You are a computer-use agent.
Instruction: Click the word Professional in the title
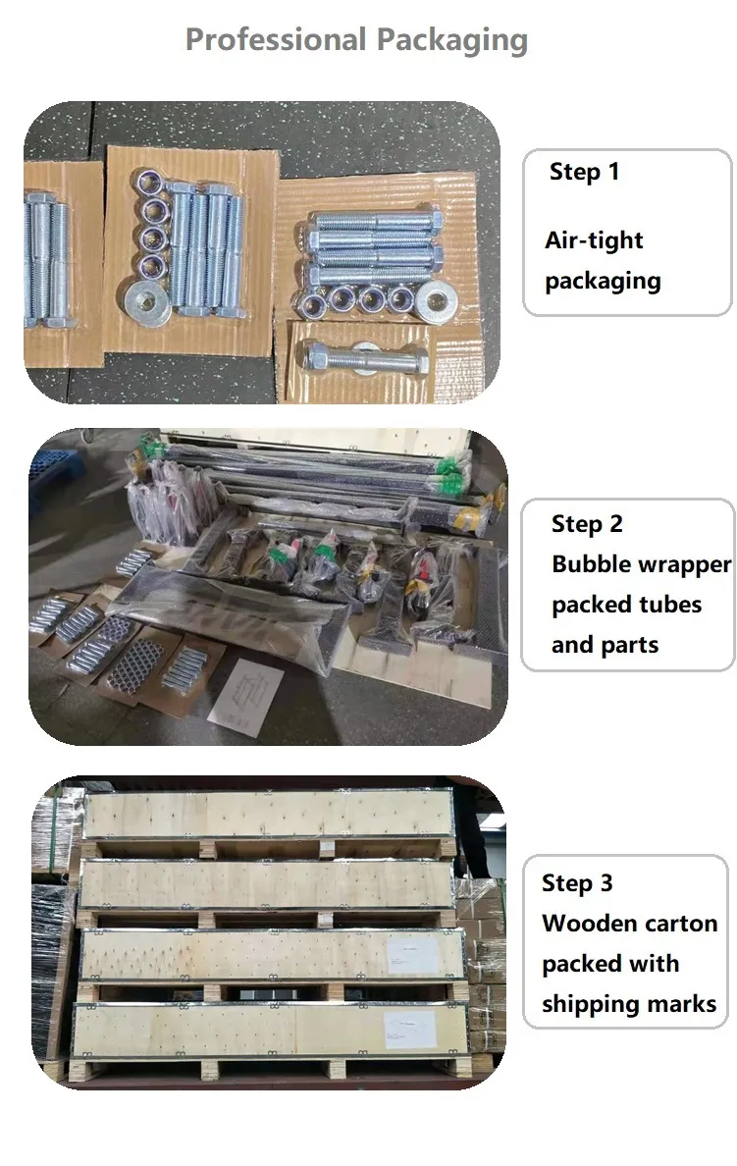pyautogui.click(x=275, y=39)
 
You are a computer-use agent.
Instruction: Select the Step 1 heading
pyautogui.click(x=584, y=172)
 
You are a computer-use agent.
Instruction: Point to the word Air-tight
pyautogui.click(x=594, y=240)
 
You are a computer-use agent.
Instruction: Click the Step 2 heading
pyautogui.click(x=587, y=524)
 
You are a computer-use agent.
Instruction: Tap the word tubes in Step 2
pyautogui.click(x=670, y=605)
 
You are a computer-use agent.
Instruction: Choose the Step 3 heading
pyautogui.click(x=577, y=882)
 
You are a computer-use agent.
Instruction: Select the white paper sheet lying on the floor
pyautogui.click(x=245, y=698)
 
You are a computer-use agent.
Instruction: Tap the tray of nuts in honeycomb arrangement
pyautogui.click(x=134, y=666)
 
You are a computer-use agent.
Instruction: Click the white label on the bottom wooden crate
pyautogui.click(x=410, y=1030)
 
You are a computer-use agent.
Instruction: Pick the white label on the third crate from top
pyautogui.click(x=413, y=955)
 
